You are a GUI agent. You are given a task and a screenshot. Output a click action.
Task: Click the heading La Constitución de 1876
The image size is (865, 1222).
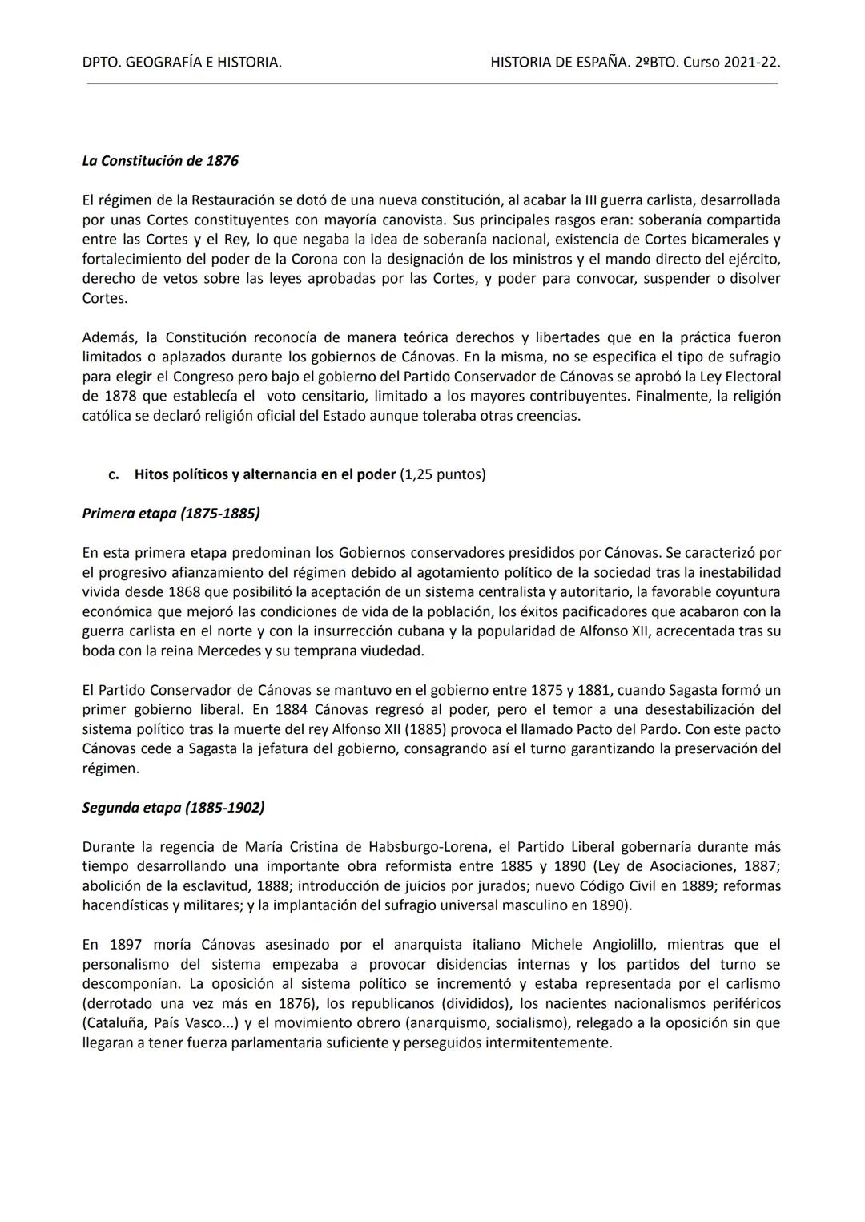[x=160, y=161]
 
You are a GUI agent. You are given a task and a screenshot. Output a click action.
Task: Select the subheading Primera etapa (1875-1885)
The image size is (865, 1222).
[x=171, y=514]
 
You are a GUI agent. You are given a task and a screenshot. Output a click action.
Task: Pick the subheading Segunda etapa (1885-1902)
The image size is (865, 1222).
[x=173, y=808]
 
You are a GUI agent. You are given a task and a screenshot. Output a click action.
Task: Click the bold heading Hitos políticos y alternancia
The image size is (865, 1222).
[x=265, y=474]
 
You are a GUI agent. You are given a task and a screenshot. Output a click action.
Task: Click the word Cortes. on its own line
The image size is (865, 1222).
[x=104, y=299]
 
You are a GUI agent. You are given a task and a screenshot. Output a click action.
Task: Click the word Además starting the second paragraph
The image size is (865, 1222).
[x=108, y=337]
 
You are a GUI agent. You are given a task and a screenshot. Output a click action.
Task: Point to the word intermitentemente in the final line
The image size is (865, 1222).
[x=552, y=1043]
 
